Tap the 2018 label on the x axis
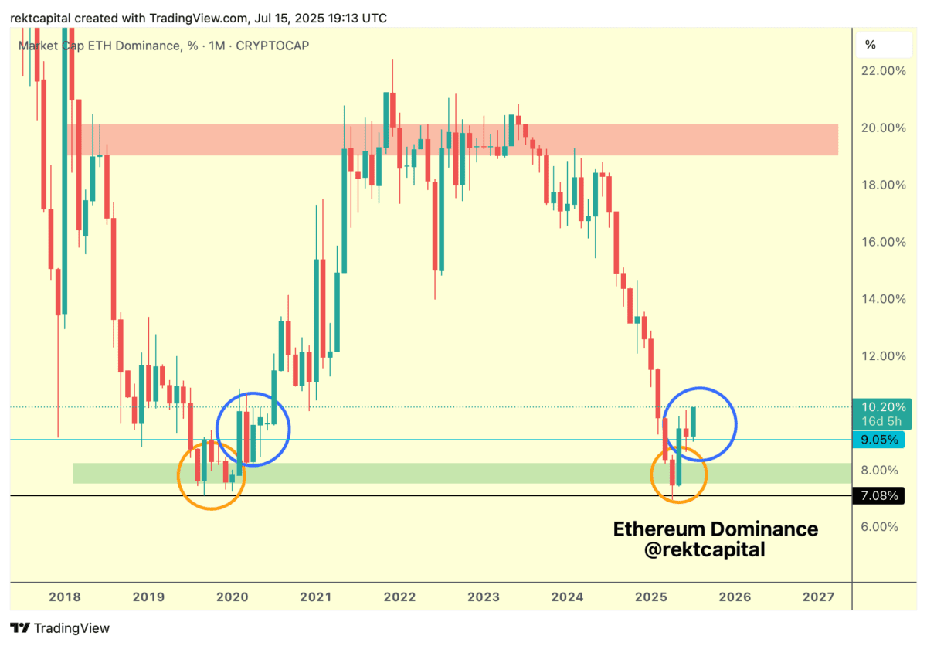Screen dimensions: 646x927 (x=64, y=597)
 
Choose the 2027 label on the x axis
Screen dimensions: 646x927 (x=818, y=597)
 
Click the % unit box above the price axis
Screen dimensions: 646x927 (x=871, y=44)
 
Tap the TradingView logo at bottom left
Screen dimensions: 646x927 (x=60, y=628)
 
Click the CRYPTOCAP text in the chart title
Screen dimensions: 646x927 (x=273, y=46)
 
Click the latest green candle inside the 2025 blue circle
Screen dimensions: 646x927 (x=694, y=422)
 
